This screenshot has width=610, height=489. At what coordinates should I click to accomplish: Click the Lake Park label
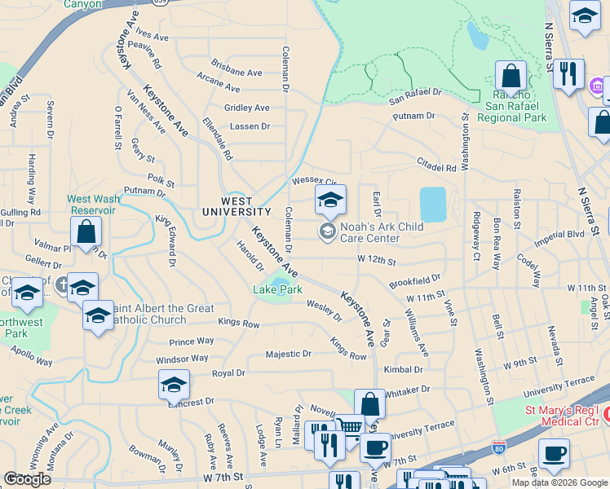coord(278,289)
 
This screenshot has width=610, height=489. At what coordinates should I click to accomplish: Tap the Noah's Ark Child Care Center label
coord(371,232)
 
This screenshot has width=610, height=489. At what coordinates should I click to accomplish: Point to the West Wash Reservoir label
coord(91,205)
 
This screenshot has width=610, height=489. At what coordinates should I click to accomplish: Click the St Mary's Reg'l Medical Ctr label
coord(564,415)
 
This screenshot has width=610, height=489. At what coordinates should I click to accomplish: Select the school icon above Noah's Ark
coord(330,199)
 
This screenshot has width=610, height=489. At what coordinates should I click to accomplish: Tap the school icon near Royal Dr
coord(174,384)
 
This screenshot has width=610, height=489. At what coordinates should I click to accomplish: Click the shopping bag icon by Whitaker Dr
coord(369,403)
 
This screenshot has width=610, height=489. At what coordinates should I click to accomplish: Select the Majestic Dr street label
coord(289,354)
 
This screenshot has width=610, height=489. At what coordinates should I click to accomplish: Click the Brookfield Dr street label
coord(414,280)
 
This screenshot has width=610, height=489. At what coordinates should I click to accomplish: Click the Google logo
coord(27,479)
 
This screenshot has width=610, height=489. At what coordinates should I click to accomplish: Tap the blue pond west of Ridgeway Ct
coord(432,205)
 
